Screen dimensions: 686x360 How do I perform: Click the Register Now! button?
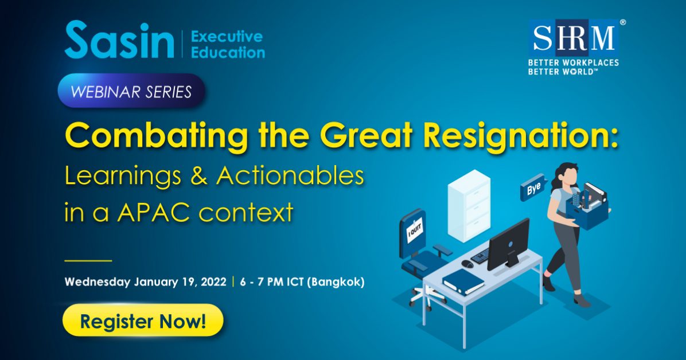click(x=143, y=320)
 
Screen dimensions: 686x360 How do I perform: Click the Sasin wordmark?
click(x=119, y=40)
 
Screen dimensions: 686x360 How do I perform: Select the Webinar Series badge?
click(x=131, y=91)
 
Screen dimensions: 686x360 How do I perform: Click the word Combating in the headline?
click(x=156, y=136)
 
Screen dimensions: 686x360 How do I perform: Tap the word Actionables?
click(x=290, y=176)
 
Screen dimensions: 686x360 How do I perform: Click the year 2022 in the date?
click(x=213, y=281)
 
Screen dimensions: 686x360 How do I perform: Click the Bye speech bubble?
click(x=533, y=188)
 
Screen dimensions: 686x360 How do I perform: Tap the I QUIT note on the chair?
click(x=414, y=230)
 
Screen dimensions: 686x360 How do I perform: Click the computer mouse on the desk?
click(x=467, y=264)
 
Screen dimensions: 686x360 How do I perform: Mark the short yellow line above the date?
click(x=88, y=261)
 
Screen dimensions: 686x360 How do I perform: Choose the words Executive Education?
click(x=228, y=44)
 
